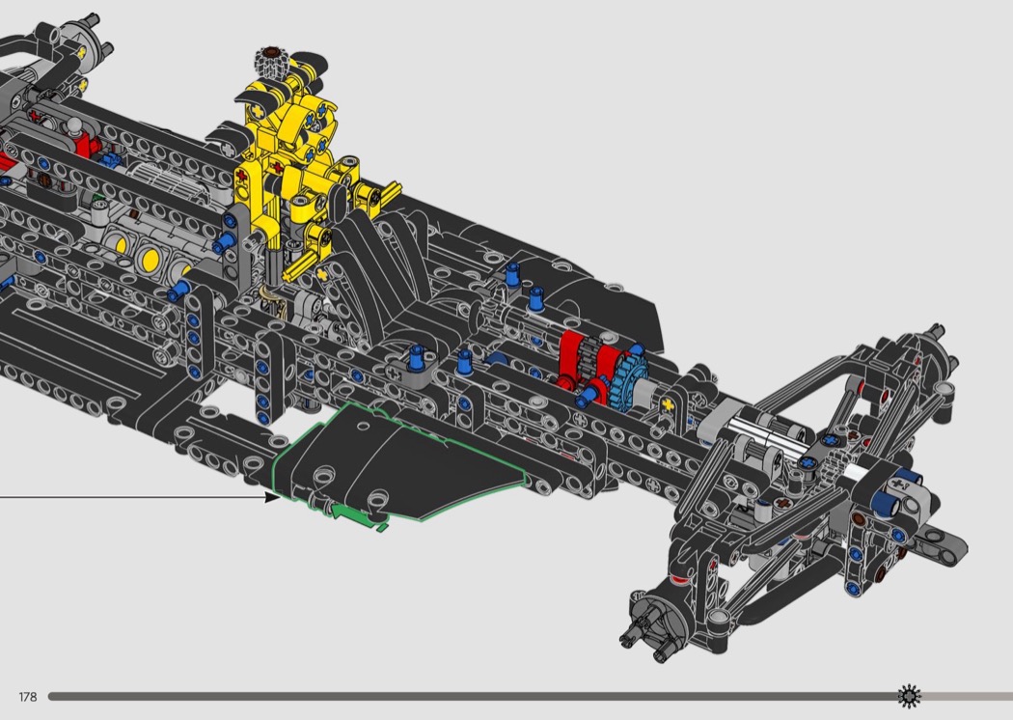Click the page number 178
pos(28,697)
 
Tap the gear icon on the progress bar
pos(909,696)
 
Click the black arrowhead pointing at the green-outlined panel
pos(273,497)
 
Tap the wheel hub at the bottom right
pos(656,618)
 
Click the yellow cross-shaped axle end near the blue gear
pos(668,404)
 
